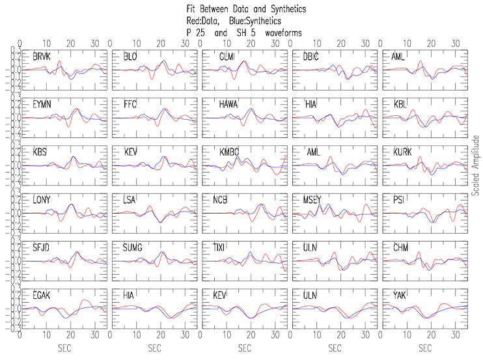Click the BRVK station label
(41, 57)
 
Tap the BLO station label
(130, 57)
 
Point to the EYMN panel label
(42, 104)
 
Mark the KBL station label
(398, 104)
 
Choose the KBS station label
(40, 152)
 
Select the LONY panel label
(42, 200)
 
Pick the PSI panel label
(396, 200)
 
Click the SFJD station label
(42, 247)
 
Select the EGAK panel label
(42, 296)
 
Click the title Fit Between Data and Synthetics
(245, 10)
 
